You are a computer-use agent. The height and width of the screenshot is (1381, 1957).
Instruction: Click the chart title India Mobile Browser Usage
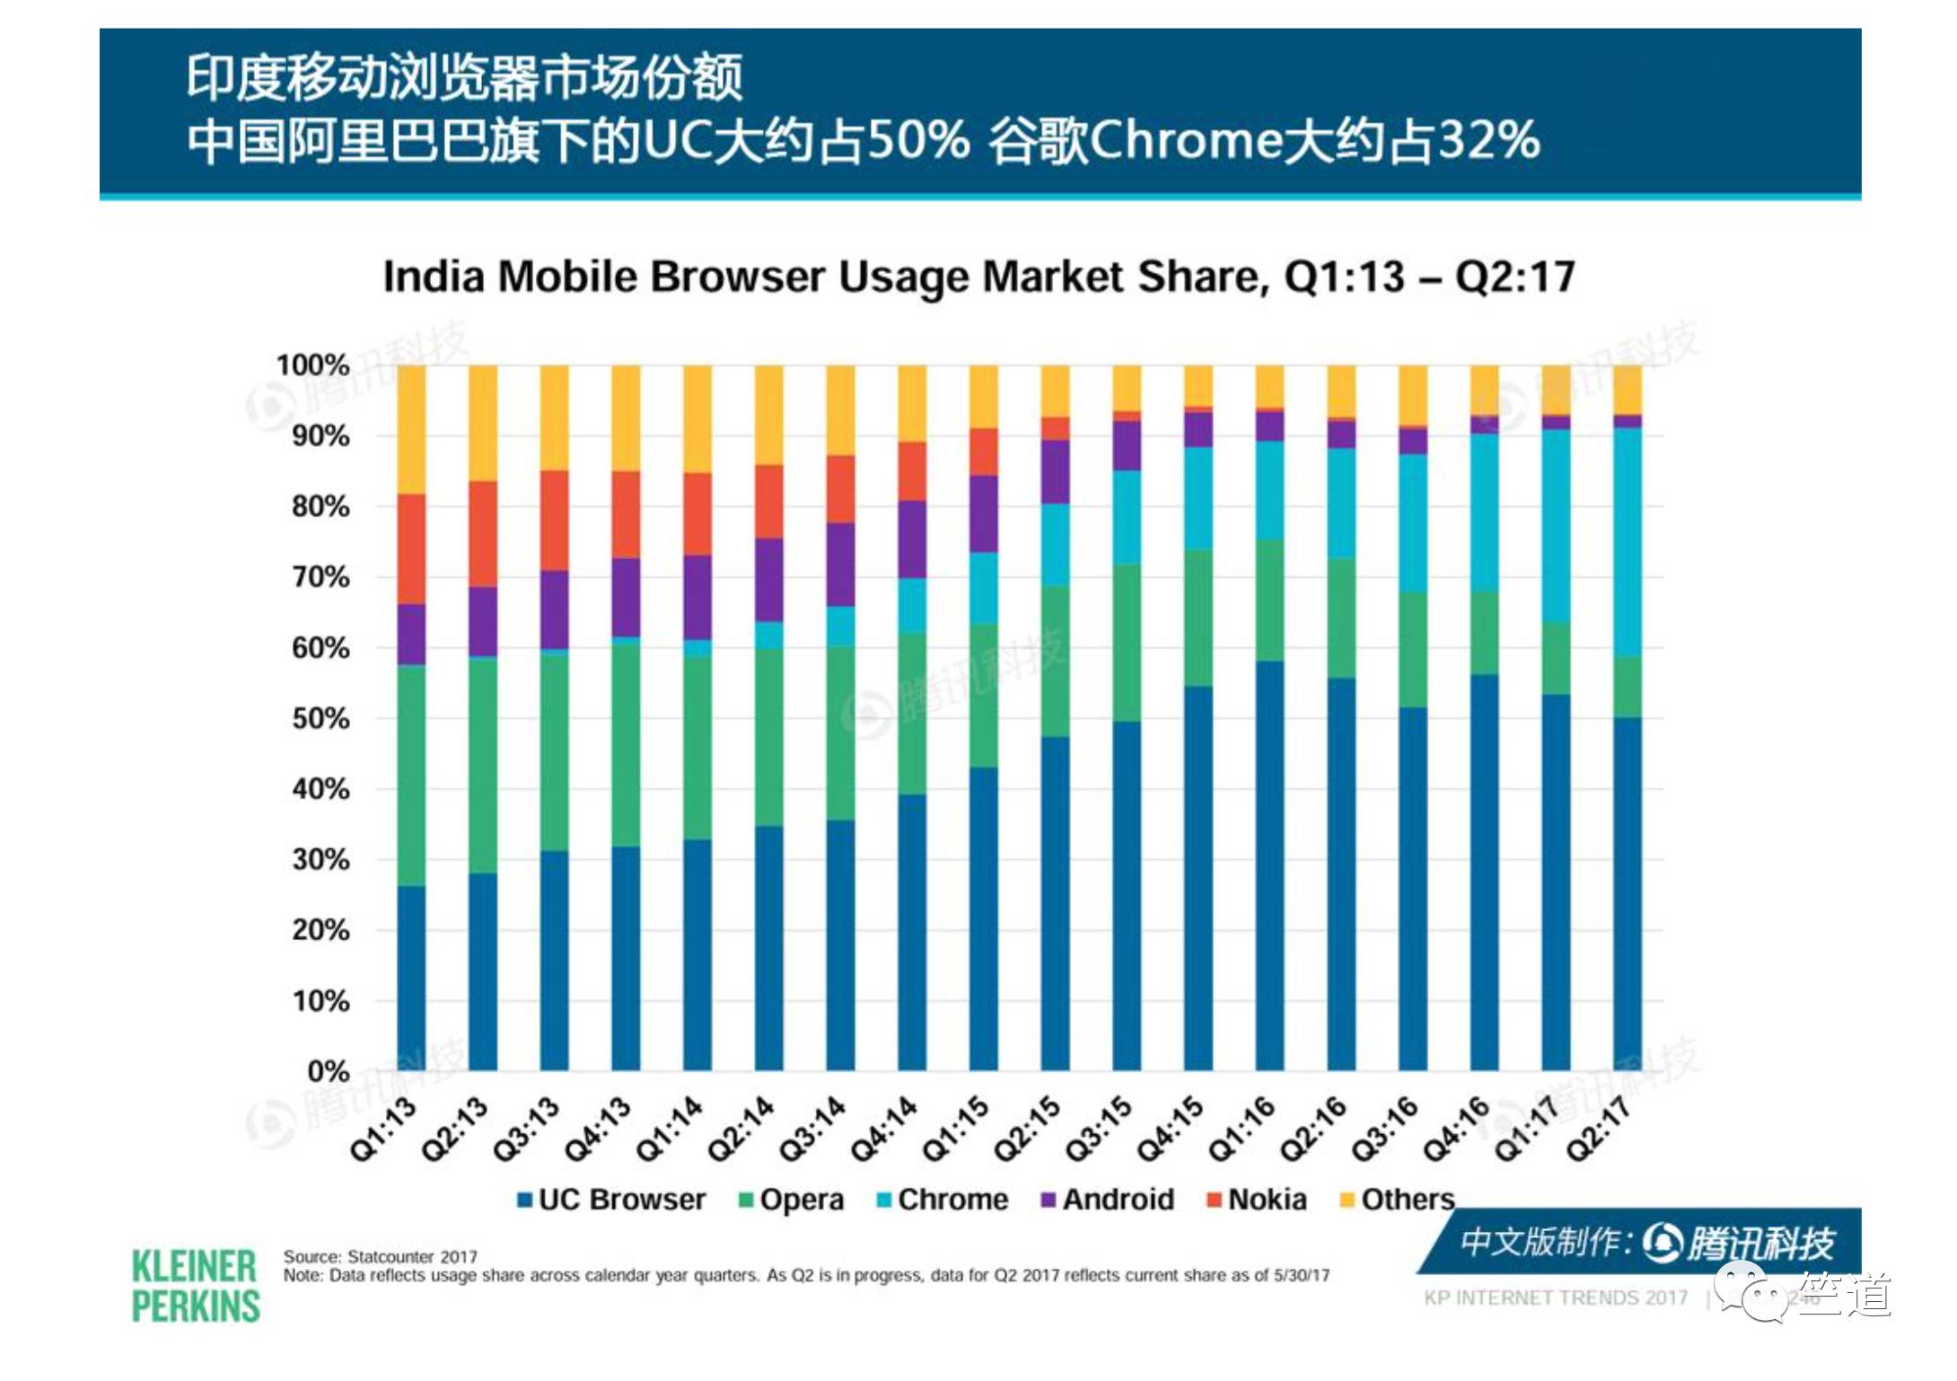pyautogui.click(x=978, y=277)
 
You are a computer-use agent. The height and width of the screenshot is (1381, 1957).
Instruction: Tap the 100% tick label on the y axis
pyautogui.click(x=312, y=365)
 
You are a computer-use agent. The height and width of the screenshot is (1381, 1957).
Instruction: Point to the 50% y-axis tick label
pyautogui.click(x=320, y=718)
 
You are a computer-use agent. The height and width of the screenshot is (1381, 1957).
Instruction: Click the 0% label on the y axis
pyautogui.click(x=328, y=1071)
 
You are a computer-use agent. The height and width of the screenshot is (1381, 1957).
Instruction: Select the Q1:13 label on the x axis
pyautogui.click(x=384, y=1129)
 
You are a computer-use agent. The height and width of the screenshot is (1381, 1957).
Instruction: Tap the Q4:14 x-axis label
pyautogui.click(x=884, y=1129)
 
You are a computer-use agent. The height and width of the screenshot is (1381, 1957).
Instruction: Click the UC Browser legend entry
pyautogui.click(x=612, y=1200)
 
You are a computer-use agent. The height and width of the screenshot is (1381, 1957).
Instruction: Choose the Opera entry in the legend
pyautogui.click(x=791, y=1200)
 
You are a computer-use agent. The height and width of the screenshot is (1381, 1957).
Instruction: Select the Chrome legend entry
pyautogui.click(x=943, y=1200)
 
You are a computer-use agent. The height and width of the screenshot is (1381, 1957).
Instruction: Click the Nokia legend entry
pyautogui.click(x=1257, y=1200)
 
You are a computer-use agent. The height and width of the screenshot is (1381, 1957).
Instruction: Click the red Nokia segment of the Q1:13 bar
pyautogui.click(x=411, y=549)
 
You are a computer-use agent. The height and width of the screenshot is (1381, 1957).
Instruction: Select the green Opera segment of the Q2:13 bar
pyautogui.click(x=483, y=764)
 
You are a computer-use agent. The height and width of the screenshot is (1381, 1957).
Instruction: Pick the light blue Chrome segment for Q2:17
pyautogui.click(x=1628, y=541)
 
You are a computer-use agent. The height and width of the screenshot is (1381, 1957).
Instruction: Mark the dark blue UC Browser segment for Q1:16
pyautogui.click(x=1269, y=866)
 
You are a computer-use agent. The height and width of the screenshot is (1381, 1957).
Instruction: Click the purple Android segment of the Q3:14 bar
pyautogui.click(x=840, y=564)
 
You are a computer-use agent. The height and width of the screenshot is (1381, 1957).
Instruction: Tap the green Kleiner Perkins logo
pyautogui.click(x=195, y=1286)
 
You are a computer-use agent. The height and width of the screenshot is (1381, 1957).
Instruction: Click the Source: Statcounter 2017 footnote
pyautogui.click(x=381, y=1256)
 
